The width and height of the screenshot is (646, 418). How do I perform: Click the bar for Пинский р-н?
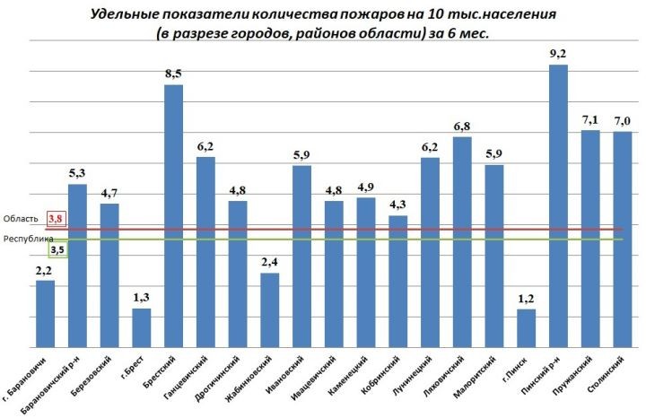coord(558,206)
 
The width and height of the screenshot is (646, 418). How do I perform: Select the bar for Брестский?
coord(173,215)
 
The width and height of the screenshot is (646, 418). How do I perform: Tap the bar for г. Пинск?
coord(526,327)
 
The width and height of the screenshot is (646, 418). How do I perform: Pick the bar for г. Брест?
coord(142,327)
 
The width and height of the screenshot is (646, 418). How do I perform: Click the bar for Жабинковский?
coord(269,309)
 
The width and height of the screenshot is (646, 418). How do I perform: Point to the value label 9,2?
coord(558,54)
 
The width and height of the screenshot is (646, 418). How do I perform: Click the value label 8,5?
coord(173,74)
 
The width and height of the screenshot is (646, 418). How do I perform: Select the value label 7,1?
coord(590,119)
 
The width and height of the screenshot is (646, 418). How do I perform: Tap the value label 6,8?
coord(462,126)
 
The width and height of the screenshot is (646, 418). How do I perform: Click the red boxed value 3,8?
coord(56,218)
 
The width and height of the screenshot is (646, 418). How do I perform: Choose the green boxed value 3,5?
coord(56,250)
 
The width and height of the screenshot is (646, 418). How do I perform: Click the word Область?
coord(21,219)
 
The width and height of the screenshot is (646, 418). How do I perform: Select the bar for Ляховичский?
coord(462,242)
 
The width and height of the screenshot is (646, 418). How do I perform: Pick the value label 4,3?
coord(397,205)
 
